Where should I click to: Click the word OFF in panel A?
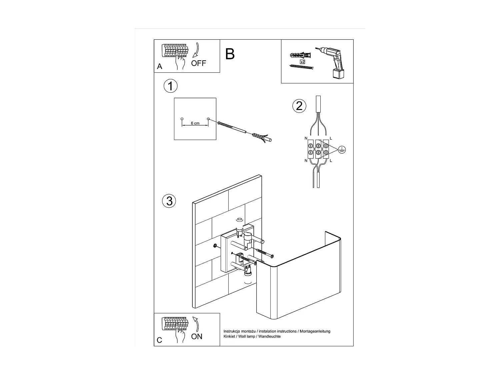pyautogui.click(x=199, y=63)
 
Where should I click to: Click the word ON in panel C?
pyautogui.click(x=197, y=336)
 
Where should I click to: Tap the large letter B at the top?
pyautogui.click(x=230, y=54)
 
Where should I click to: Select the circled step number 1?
pyautogui.click(x=170, y=86)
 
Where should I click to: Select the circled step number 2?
pyautogui.click(x=299, y=106)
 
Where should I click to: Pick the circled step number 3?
pyautogui.click(x=169, y=201)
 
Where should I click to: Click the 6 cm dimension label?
pyautogui.click(x=195, y=123)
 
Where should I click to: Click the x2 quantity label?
pyautogui.click(x=302, y=62)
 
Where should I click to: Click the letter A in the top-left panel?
pyautogui.click(x=160, y=67)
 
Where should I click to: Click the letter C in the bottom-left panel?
pyautogui.click(x=159, y=340)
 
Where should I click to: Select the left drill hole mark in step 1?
pyautogui.click(x=182, y=119)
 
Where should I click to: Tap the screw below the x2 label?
pyautogui.click(x=302, y=67)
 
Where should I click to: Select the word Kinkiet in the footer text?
pyautogui.click(x=229, y=336)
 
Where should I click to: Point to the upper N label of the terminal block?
pyautogui.click(x=306, y=138)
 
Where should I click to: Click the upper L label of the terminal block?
pyautogui.click(x=331, y=138)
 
